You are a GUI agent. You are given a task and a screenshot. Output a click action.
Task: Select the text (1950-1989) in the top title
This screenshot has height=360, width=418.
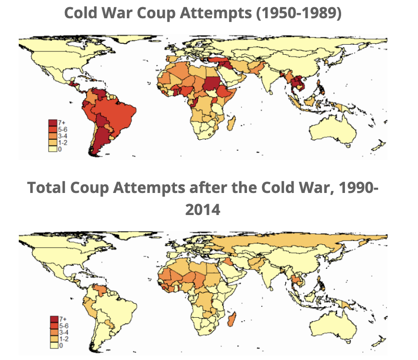point(299,13)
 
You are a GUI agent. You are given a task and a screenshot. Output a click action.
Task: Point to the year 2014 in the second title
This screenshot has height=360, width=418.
point(202,209)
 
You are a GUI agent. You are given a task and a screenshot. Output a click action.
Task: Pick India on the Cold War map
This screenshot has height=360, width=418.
point(269,79)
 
